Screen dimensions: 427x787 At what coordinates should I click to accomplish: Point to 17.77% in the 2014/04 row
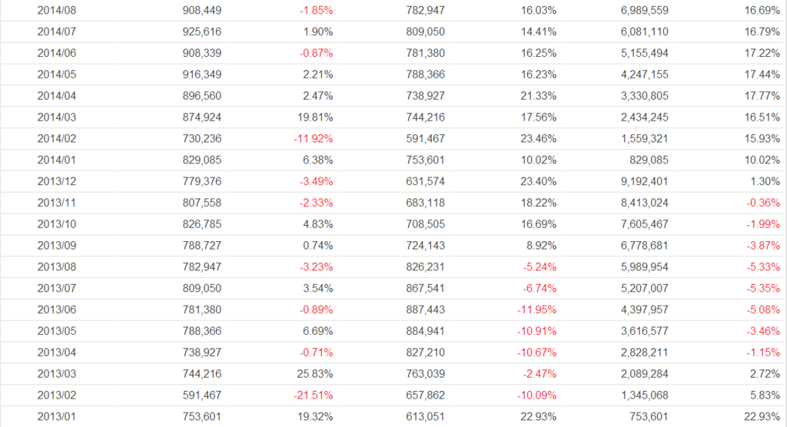tap(758, 96)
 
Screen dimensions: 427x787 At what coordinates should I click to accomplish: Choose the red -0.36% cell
tap(758, 204)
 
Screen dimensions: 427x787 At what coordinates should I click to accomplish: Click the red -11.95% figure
tap(536, 309)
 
